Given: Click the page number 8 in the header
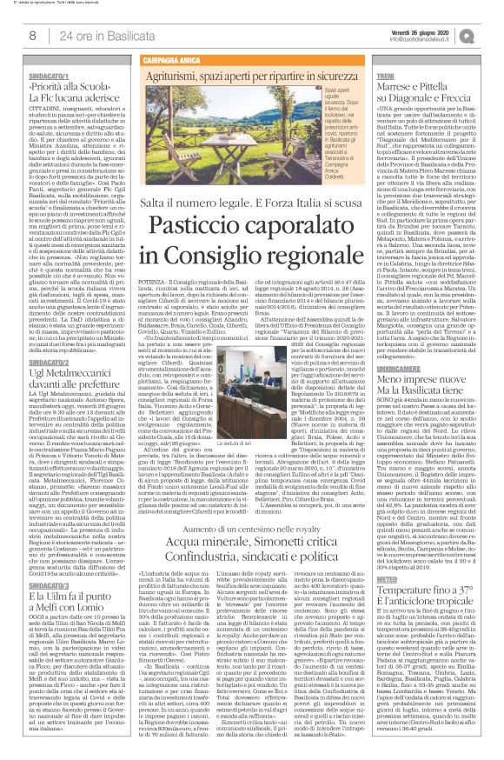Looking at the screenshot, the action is [x=31, y=34].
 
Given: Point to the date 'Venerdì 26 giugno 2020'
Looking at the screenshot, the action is [x=429, y=28].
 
